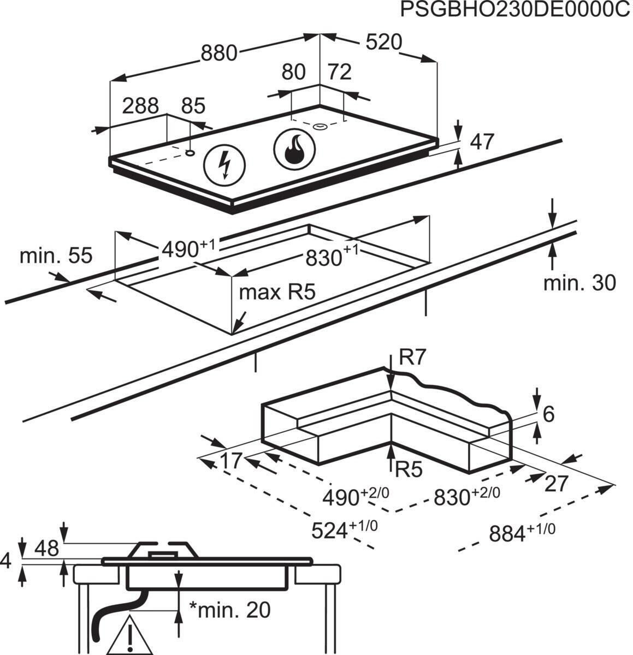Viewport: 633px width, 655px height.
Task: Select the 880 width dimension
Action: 220,53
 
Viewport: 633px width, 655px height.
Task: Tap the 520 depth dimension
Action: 383,43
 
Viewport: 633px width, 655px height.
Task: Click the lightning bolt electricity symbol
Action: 224,163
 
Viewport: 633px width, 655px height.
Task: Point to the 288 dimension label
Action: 140,105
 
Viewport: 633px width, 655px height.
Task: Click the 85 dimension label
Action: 192,106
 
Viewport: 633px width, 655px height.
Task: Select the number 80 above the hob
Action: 293,73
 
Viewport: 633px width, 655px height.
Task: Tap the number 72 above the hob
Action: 339,72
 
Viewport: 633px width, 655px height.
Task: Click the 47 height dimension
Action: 482,142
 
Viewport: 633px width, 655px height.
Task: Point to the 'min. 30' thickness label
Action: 579,282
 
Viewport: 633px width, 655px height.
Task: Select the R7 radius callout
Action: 412,358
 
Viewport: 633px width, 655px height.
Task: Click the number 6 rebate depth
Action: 548,414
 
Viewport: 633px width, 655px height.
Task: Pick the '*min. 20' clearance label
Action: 229,610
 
